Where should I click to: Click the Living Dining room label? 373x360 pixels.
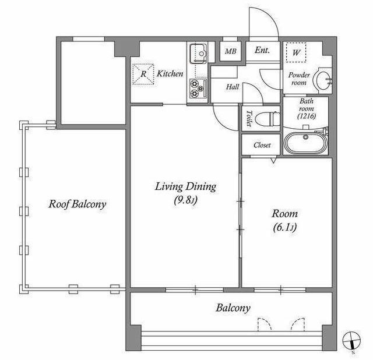click(x=185, y=186)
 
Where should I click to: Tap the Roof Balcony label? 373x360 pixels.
click(x=78, y=204)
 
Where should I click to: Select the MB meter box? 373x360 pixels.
click(x=231, y=51)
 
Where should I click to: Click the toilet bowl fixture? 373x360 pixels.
click(x=267, y=118)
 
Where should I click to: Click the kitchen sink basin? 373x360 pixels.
click(x=198, y=54)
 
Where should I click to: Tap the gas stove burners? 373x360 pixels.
click(x=198, y=89)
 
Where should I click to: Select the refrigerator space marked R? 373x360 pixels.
click(x=143, y=74)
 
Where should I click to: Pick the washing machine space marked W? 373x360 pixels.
click(x=296, y=52)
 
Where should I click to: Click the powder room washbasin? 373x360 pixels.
click(x=323, y=79)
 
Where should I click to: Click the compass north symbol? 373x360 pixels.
click(x=351, y=340)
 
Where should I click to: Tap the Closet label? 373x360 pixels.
click(x=262, y=145)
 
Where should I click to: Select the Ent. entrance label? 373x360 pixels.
click(x=262, y=50)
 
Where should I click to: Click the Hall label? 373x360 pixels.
click(x=233, y=87)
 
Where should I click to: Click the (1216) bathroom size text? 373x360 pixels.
click(x=307, y=116)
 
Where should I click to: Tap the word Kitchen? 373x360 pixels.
click(x=170, y=73)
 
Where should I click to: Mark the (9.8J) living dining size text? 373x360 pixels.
click(x=185, y=200)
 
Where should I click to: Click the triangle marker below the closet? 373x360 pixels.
click(x=273, y=160)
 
